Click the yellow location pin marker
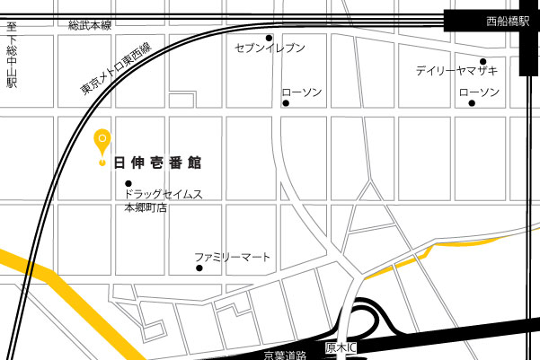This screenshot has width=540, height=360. [102, 143]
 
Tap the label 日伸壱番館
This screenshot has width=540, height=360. [158, 163]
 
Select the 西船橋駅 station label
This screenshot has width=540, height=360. [508, 21]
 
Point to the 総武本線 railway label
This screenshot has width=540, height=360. [90, 25]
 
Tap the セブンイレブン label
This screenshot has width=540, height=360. [270, 48]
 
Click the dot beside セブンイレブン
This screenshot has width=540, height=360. [269, 38]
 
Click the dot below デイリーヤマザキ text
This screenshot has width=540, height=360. [483, 61]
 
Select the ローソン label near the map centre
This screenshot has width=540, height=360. [302, 92]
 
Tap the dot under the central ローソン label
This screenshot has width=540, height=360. [286, 103]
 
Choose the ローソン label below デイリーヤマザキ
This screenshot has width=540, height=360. [479, 92]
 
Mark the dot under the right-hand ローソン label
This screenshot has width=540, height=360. [472, 103]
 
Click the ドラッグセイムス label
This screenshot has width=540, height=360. [164, 194]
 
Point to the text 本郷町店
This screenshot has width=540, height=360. [146, 207]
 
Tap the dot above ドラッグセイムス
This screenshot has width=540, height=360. [128, 183]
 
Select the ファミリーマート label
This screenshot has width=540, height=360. [233, 257]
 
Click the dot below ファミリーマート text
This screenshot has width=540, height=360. [199, 268]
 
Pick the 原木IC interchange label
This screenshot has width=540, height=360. [341, 347]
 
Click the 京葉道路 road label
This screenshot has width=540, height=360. [286, 356]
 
